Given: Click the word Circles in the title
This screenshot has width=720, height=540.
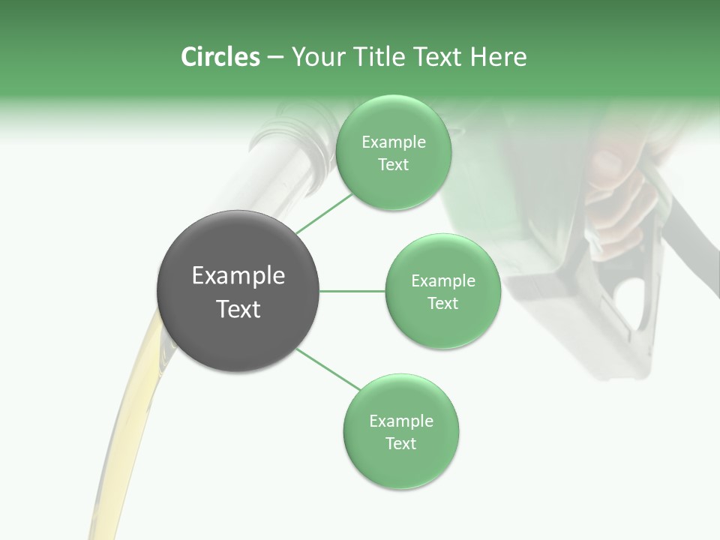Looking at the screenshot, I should [x=220, y=57].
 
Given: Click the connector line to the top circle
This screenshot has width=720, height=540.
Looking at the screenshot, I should [x=325, y=213].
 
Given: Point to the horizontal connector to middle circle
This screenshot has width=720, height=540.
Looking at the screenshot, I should [x=352, y=291].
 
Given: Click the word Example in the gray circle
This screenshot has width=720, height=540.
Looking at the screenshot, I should [x=238, y=276].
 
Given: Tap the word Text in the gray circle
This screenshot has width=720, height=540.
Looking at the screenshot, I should [x=238, y=309].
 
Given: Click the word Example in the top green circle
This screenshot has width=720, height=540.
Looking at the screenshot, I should [x=393, y=142].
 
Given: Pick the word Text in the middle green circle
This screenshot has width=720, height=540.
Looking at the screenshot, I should [x=442, y=304].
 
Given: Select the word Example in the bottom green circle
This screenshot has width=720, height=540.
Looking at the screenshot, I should [x=400, y=421].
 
